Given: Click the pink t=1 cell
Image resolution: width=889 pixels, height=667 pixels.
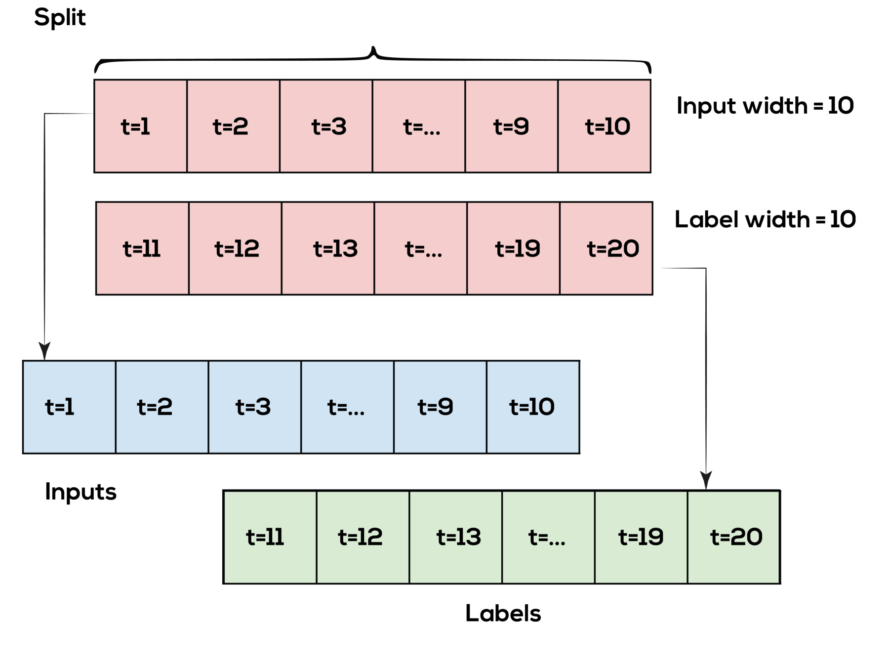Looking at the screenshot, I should (141, 126).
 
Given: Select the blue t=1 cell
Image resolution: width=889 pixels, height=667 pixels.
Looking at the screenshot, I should (69, 407).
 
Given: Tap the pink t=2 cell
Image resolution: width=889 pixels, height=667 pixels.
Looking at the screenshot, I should (233, 126).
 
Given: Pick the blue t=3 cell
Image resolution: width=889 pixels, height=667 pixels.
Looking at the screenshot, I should (254, 407).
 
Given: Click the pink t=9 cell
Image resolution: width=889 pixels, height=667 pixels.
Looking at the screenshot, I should (511, 126).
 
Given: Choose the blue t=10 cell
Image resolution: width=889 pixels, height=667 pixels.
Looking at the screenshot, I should (532, 407).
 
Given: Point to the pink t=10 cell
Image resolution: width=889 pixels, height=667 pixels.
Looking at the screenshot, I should (604, 126).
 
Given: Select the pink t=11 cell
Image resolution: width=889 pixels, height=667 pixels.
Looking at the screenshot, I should (142, 248).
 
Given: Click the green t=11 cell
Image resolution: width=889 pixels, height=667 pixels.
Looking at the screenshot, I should (270, 537).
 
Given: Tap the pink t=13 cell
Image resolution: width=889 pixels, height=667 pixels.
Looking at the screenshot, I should (328, 248).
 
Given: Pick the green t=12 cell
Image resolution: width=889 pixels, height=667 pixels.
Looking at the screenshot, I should (363, 537).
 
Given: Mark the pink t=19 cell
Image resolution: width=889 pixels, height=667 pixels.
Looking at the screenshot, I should (513, 248).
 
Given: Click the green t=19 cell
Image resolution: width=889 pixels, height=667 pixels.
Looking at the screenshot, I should (641, 537).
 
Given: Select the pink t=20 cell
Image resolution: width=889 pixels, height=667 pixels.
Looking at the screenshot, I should (606, 248).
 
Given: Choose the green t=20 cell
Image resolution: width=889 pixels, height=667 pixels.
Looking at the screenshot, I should (733, 537).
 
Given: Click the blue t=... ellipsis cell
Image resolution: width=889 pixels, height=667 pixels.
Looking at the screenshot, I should (347, 407).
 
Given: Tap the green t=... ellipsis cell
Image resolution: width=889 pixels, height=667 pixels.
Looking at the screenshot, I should (548, 537).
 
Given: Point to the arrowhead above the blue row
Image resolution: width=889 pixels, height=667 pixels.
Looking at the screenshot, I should (45, 352).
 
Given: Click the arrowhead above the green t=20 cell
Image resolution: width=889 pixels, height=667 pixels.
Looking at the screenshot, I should (706, 480).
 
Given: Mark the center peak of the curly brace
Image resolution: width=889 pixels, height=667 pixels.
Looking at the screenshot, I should (373, 49).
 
